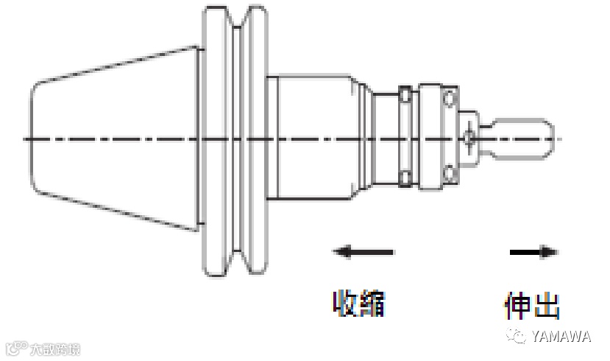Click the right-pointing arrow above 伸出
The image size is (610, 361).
pyautogui.click(x=533, y=252)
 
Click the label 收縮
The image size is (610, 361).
pyautogui.click(x=359, y=303)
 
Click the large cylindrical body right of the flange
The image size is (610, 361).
pyautogui.click(x=316, y=139)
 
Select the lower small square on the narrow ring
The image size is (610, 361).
pyautogui.click(x=405, y=176)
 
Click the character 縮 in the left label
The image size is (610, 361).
pyautogui.click(x=372, y=303)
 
